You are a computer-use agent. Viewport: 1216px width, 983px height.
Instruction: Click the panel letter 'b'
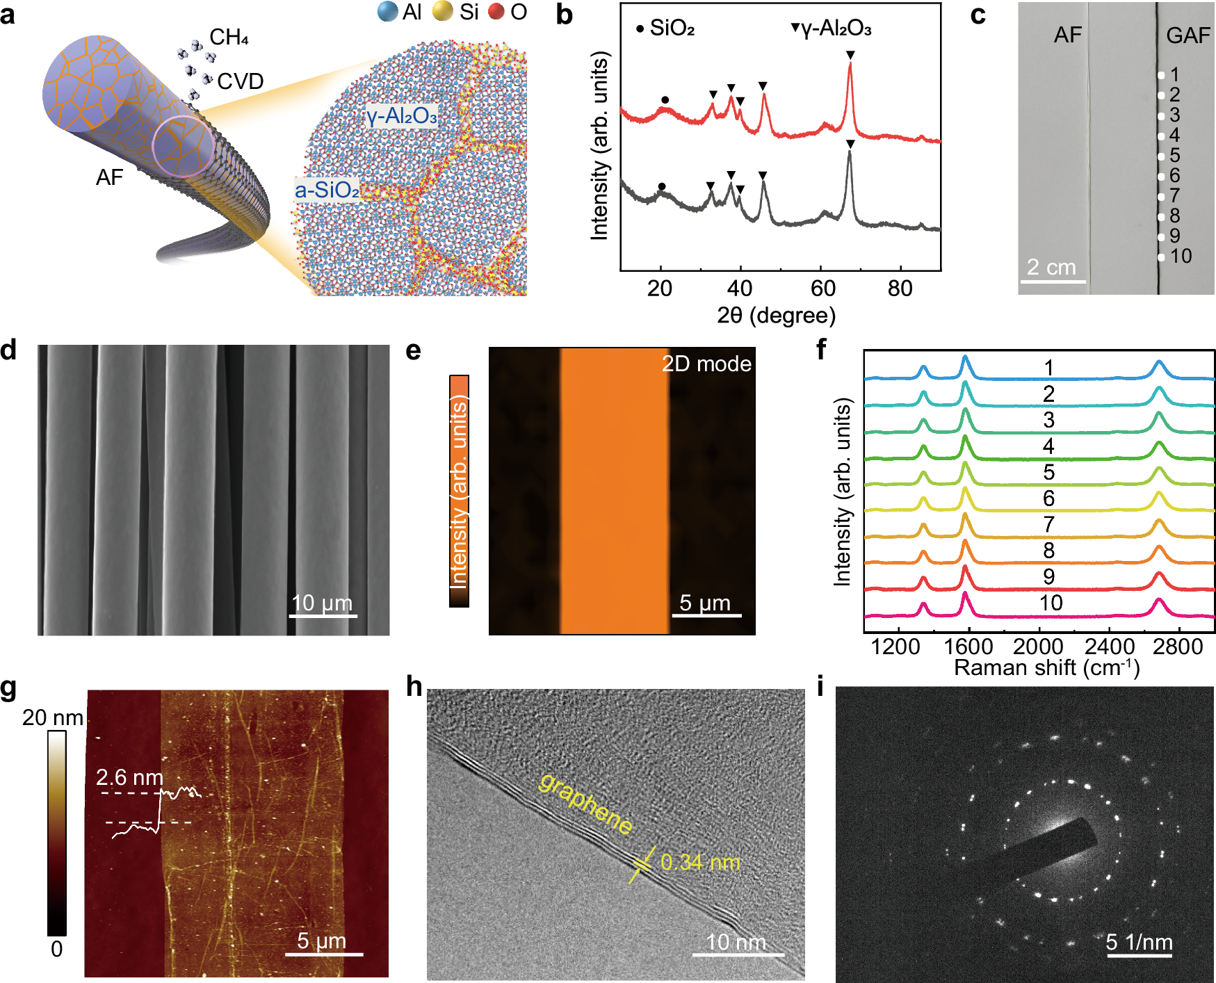coord(564,15)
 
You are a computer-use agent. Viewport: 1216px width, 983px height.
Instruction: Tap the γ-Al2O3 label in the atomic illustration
coord(402,116)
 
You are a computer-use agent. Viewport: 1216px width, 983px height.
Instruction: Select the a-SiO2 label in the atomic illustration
coord(327,190)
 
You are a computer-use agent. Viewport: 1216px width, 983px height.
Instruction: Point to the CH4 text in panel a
coord(229,38)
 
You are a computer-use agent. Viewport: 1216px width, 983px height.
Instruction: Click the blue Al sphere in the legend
coord(387,12)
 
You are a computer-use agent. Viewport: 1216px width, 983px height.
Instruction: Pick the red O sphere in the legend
coord(496,12)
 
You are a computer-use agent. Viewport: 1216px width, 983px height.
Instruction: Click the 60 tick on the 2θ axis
coord(822,288)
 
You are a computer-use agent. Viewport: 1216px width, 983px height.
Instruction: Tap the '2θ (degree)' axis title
coord(776,316)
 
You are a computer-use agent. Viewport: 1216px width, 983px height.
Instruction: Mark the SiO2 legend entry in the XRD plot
coord(665,29)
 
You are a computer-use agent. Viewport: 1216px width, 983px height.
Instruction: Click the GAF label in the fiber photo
coord(1188,35)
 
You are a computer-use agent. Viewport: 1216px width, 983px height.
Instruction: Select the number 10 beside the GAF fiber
coord(1181,257)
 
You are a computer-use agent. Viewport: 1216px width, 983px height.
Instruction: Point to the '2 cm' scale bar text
coord(1051,267)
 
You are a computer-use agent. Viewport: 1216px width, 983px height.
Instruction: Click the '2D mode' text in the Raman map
coord(706,364)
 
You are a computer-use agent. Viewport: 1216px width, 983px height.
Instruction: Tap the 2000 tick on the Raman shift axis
coord(1038,647)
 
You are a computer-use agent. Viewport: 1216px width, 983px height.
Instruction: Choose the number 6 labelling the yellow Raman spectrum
coord(1048,498)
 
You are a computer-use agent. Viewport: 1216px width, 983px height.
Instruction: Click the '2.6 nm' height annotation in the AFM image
coord(129,777)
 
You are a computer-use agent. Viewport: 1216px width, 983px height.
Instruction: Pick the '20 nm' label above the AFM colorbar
coord(53,717)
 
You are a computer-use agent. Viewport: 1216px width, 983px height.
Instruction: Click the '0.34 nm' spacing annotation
coord(700,863)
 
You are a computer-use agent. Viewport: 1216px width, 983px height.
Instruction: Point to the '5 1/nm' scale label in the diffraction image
coord(1139,942)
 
